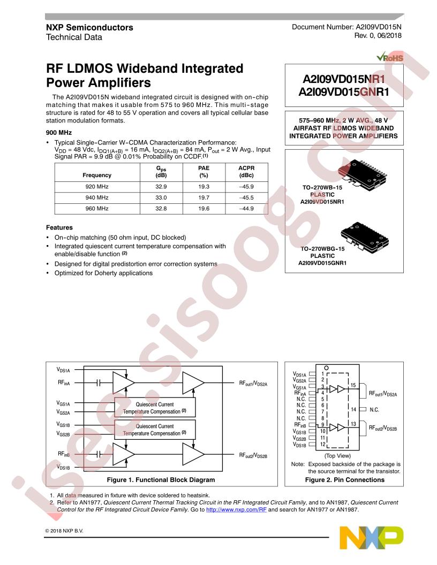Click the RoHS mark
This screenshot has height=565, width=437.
click(x=390, y=58)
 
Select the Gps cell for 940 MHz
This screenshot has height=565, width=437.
click(x=161, y=197)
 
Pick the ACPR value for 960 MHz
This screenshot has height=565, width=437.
click(x=246, y=208)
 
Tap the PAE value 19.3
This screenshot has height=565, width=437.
click(x=204, y=187)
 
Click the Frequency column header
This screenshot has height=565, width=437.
click(x=97, y=175)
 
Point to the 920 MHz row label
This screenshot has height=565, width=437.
click(x=97, y=187)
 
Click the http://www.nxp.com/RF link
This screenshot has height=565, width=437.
click(x=236, y=509)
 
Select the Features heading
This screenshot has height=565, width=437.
click(x=59, y=227)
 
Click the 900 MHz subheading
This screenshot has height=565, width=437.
click(x=59, y=132)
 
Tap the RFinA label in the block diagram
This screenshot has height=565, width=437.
click(x=64, y=383)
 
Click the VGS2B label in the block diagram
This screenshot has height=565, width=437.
click(x=63, y=434)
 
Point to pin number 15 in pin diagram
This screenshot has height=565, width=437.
click(x=353, y=385)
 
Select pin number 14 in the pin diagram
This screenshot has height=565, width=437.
click(x=353, y=409)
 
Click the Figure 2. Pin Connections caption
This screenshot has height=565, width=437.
click(x=345, y=479)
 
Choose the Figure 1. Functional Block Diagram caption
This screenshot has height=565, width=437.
click(x=161, y=479)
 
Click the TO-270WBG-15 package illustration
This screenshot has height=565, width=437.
click(x=365, y=236)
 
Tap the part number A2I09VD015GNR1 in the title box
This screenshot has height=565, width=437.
click(x=344, y=92)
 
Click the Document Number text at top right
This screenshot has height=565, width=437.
click(x=346, y=27)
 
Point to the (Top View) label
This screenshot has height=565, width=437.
click(x=337, y=455)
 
